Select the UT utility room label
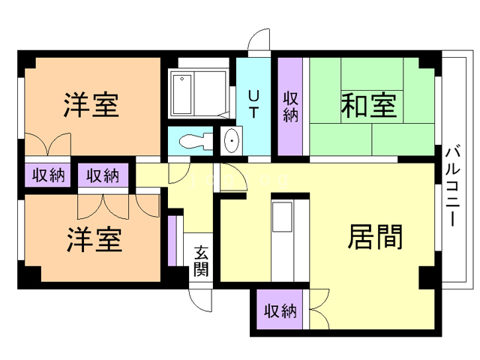click(x=254, y=105)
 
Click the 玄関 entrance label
click(x=201, y=261)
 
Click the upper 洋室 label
click(x=91, y=105)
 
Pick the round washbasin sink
click(x=232, y=140)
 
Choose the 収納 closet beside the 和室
click(x=291, y=105)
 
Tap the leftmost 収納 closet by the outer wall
click(x=47, y=176)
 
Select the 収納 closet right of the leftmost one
click(x=103, y=176)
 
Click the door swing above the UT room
click(x=257, y=42)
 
